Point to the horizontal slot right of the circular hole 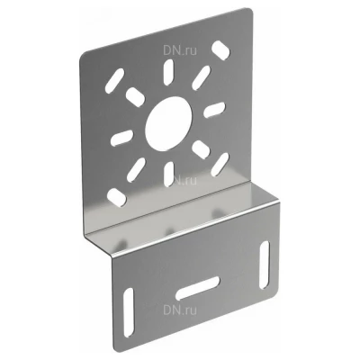[x=214, y=109]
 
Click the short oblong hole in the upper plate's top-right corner [x=220, y=49]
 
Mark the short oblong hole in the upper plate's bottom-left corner [x=117, y=197]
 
